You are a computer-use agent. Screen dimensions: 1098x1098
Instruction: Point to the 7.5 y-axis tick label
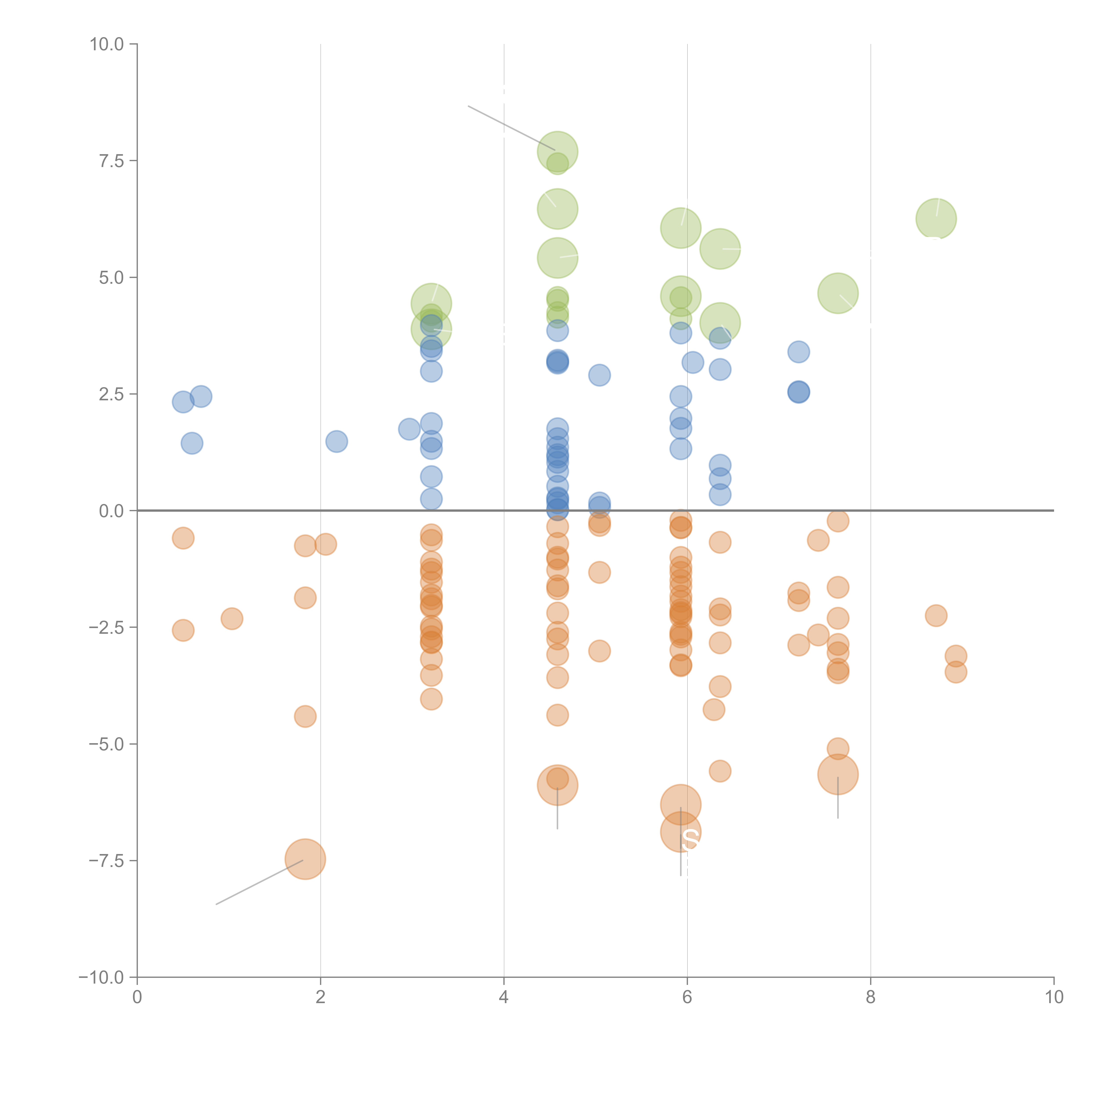coord(111,161)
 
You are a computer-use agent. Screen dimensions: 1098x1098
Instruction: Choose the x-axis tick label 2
coord(321,997)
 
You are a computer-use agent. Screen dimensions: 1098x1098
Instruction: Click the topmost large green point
coord(558,152)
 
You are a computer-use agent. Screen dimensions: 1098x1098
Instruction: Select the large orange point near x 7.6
coord(838,774)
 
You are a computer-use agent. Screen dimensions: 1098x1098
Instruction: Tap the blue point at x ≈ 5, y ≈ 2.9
coord(599,375)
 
